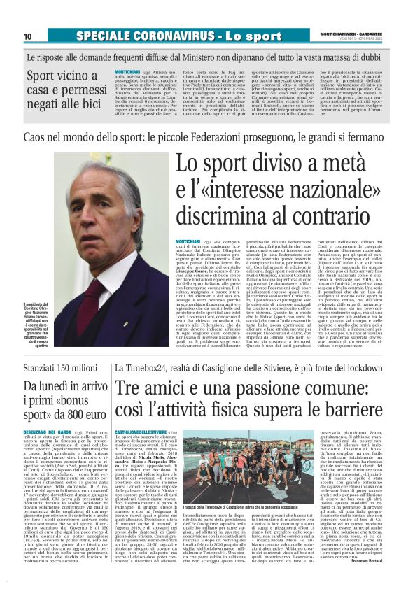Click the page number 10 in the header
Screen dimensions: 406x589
(x=27, y=36)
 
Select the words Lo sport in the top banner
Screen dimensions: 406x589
(x=234, y=36)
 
